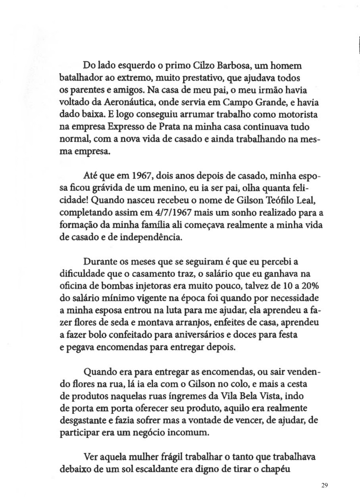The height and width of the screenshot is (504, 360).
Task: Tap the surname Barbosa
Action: pyautogui.click(x=228, y=65)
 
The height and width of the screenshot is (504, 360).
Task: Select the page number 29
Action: pyautogui.click(x=325, y=485)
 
